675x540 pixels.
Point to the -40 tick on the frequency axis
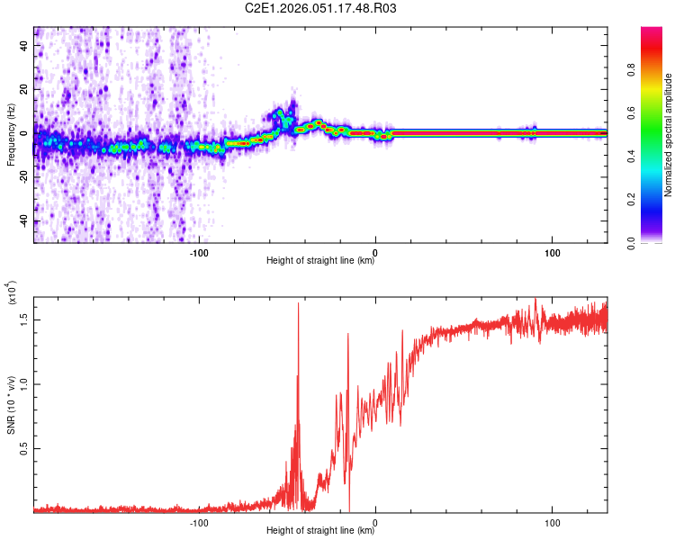click(x=24, y=221)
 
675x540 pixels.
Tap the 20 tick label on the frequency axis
click(x=24, y=89)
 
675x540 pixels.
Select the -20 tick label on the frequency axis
click(x=24, y=177)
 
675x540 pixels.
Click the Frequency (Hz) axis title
click(x=11, y=134)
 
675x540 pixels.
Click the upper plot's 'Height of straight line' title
click(x=320, y=261)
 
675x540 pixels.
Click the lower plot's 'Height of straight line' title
click(x=320, y=530)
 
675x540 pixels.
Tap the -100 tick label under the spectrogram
click(x=199, y=253)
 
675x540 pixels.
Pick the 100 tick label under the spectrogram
click(x=552, y=253)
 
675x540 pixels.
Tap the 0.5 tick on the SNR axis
click(x=24, y=448)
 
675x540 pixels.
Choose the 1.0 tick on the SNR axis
click(x=24, y=383)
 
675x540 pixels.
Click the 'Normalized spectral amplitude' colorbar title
click(x=669, y=135)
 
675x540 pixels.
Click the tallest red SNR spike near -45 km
click(x=298, y=304)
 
